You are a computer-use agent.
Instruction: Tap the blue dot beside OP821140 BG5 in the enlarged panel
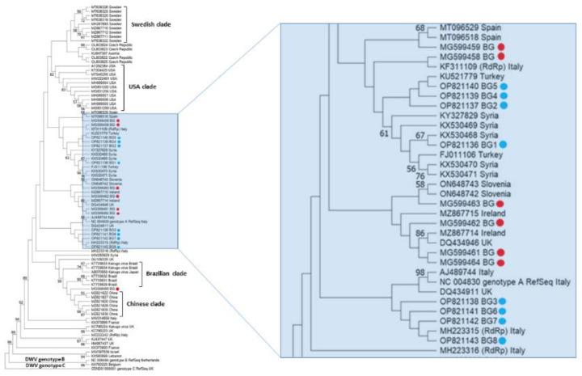(x=504, y=105)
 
